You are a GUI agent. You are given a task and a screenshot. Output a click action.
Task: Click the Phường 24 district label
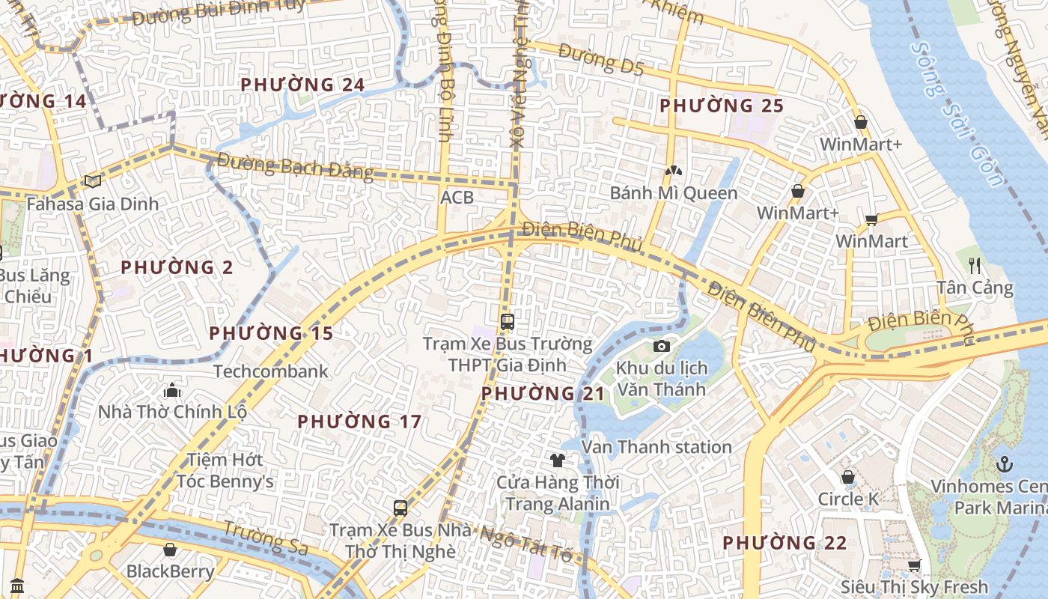[302, 85]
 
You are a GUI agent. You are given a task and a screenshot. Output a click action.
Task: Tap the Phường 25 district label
[722, 106]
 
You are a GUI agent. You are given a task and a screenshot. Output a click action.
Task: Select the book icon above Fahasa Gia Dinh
[93, 181]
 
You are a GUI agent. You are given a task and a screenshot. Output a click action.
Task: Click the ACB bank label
[457, 197]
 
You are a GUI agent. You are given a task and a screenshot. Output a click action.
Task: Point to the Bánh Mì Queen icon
[673, 171]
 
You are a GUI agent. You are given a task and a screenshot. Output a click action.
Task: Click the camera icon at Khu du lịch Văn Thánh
[661, 346]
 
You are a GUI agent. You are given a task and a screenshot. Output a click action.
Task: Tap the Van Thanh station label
[656, 447]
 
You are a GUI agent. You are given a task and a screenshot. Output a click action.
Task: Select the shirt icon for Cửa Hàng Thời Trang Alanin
[557, 460]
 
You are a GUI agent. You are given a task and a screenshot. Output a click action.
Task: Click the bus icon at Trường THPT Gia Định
[508, 322]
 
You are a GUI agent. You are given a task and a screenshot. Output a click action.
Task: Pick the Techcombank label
[270, 371]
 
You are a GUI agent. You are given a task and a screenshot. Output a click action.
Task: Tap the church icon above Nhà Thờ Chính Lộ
[172, 390]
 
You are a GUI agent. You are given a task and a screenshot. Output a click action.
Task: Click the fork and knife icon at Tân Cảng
[975, 266]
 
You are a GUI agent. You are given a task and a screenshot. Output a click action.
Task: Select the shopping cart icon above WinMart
[871, 219]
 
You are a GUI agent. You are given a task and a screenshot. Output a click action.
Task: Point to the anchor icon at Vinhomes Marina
[1005, 464]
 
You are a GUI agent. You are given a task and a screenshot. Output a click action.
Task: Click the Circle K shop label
[847, 499]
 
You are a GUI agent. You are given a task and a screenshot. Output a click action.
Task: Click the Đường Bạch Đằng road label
[295, 166]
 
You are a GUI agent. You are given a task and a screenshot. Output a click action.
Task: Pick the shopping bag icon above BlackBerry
[170, 550]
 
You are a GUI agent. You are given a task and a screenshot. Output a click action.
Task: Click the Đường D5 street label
[600, 61]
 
